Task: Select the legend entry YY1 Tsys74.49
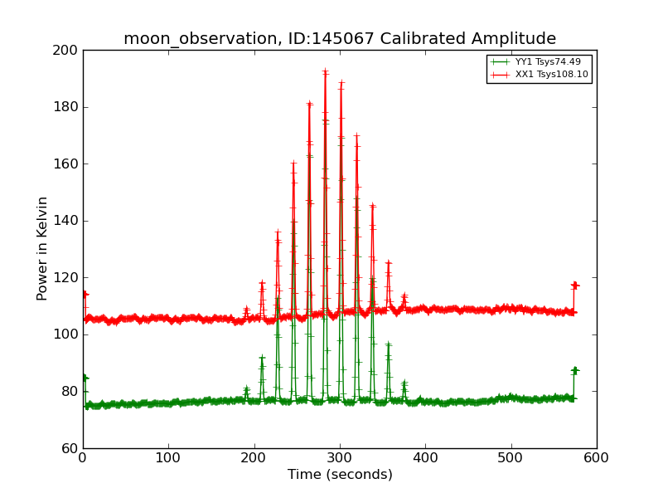tap(548, 61)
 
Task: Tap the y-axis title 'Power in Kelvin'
tap(42, 248)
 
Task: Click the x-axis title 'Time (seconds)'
tap(340, 475)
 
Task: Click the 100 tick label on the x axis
tap(168, 457)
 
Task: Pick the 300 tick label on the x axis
tap(340, 457)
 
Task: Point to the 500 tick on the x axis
tap(511, 457)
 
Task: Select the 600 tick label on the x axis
tap(597, 457)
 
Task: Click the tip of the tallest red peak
tap(325, 71)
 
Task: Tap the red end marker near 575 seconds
tap(574, 286)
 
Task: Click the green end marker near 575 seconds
tap(574, 370)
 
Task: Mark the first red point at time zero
tap(84, 294)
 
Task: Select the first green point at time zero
tap(84, 378)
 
